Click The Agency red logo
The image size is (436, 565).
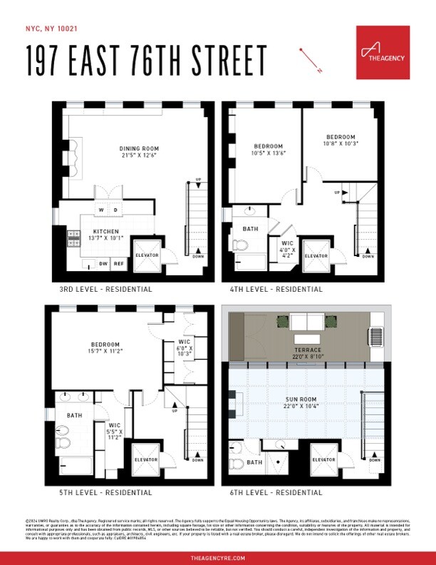pos(383,52)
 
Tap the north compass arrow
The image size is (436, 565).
pos(311,60)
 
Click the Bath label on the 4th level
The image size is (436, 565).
pos(249,229)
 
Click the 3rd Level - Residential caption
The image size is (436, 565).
pos(106,290)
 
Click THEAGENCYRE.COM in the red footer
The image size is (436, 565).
pos(217,557)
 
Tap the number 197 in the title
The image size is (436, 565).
pos(51,61)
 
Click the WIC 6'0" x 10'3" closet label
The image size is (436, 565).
pos(185,347)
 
